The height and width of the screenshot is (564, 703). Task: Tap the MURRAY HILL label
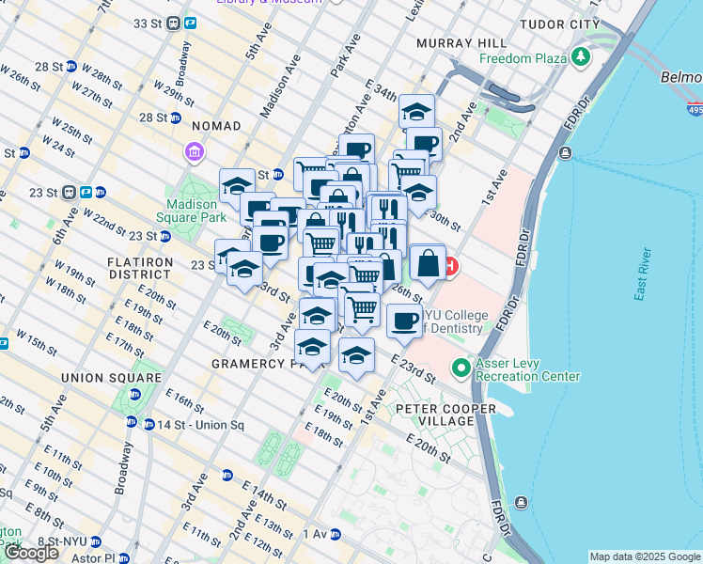point(465,43)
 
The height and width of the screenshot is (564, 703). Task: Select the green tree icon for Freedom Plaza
point(582,57)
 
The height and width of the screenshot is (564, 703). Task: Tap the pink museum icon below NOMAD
point(195,150)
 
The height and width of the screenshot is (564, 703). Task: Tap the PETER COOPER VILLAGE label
point(434,415)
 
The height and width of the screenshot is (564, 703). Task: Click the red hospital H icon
point(451,267)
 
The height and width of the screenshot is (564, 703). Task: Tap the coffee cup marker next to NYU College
point(404,320)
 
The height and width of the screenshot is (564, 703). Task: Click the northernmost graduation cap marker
point(416,112)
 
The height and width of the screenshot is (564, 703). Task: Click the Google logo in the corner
point(31,553)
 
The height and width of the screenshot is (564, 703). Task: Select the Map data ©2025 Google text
point(645,556)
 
